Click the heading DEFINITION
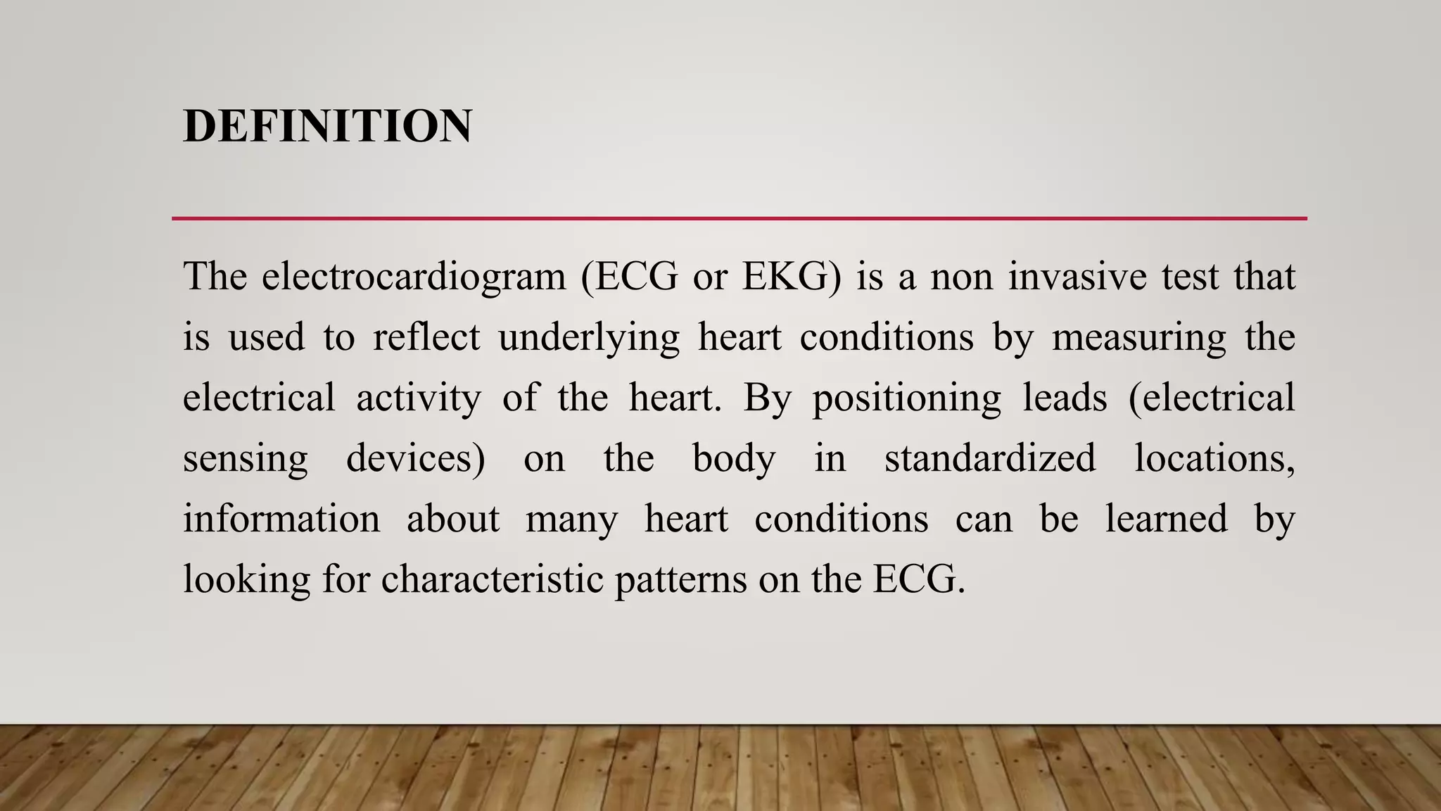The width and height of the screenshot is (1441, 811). [x=327, y=127]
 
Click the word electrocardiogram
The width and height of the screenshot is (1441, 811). [x=414, y=277]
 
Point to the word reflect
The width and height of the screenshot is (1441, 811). [x=426, y=337]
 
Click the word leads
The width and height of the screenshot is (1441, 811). [x=1065, y=398]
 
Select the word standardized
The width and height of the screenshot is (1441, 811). [x=990, y=458]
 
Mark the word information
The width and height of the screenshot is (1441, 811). [x=281, y=519]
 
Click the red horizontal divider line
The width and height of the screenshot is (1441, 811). [x=739, y=218]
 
